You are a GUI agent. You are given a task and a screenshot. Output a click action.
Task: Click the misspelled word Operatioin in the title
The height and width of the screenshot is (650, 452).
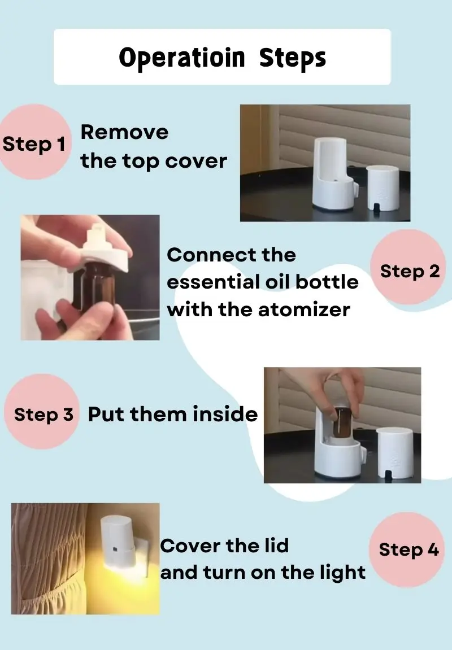tap(181, 58)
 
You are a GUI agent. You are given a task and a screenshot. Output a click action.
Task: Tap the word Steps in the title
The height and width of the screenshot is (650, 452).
tap(292, 58)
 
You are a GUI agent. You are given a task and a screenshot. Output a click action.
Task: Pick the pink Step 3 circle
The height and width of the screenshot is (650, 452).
tap(41, 412)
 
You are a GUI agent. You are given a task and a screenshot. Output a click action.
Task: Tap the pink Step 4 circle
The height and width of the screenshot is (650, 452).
tap(406, 549)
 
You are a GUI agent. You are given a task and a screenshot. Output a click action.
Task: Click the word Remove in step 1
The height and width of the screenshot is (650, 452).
tap(124, 133)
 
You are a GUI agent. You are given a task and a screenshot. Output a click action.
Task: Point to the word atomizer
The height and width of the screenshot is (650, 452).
tap(305, 309)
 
